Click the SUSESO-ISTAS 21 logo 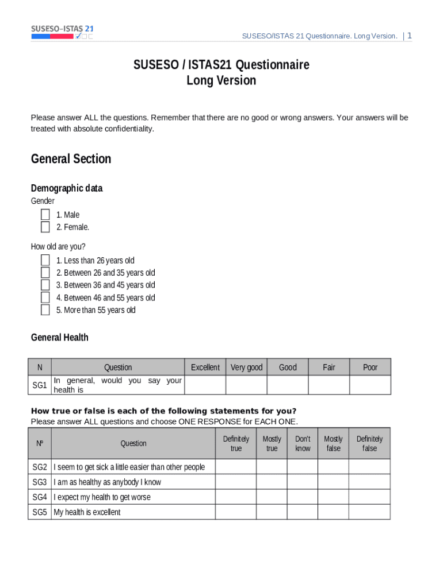click(62, 32)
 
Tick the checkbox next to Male click(45, 215)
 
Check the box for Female click(45, 227)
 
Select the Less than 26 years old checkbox click(45, 261)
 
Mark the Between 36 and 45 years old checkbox click(45, 285)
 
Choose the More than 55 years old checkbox click(45, 310)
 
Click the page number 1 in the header click(409, 36)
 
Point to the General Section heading click(71, 159)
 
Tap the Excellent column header click(205, 367)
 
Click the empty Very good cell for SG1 click(246, 385)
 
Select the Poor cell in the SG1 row click(370, 385)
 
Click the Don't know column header click(303, 443)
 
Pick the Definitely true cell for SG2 click(236, 467)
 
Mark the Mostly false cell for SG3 click(333, 482)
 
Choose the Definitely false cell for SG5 click(369, 512)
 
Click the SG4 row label click(40, 497)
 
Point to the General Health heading click(60, 338)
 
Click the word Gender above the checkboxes click(43, 201)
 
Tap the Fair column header click(329, 367)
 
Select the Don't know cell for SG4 click(303, 497)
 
